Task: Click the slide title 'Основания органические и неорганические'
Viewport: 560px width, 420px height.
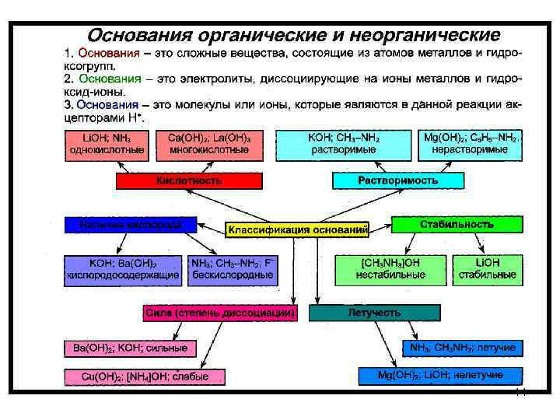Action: coord(293,36)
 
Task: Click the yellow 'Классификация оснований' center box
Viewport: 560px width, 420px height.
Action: coord(298,229)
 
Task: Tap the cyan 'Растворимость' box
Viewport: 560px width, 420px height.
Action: coord(397,180)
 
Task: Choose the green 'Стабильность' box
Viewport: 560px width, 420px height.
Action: coord(457,225)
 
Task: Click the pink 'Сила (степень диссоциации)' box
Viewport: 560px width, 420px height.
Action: coord(220,313)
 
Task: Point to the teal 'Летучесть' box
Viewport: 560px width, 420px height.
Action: coord(374,313)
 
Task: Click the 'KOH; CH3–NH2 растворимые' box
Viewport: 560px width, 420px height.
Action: coord(342,144)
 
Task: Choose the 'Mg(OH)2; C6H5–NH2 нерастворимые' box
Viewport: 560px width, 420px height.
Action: coord(470,144)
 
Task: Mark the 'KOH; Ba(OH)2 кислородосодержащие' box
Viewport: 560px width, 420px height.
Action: coord(123,269)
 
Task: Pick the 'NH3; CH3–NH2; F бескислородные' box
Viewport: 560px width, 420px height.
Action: coord(233,269)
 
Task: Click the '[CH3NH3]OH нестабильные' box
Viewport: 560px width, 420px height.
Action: coord(390,269)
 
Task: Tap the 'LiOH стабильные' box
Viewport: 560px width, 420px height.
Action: coord(499,269)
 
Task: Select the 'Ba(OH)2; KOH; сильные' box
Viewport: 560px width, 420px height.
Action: coord(129,348)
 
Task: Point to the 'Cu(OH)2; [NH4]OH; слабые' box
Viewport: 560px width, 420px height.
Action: coord(145,377)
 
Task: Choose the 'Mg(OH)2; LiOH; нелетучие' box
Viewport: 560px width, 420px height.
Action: coord(440,376)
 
